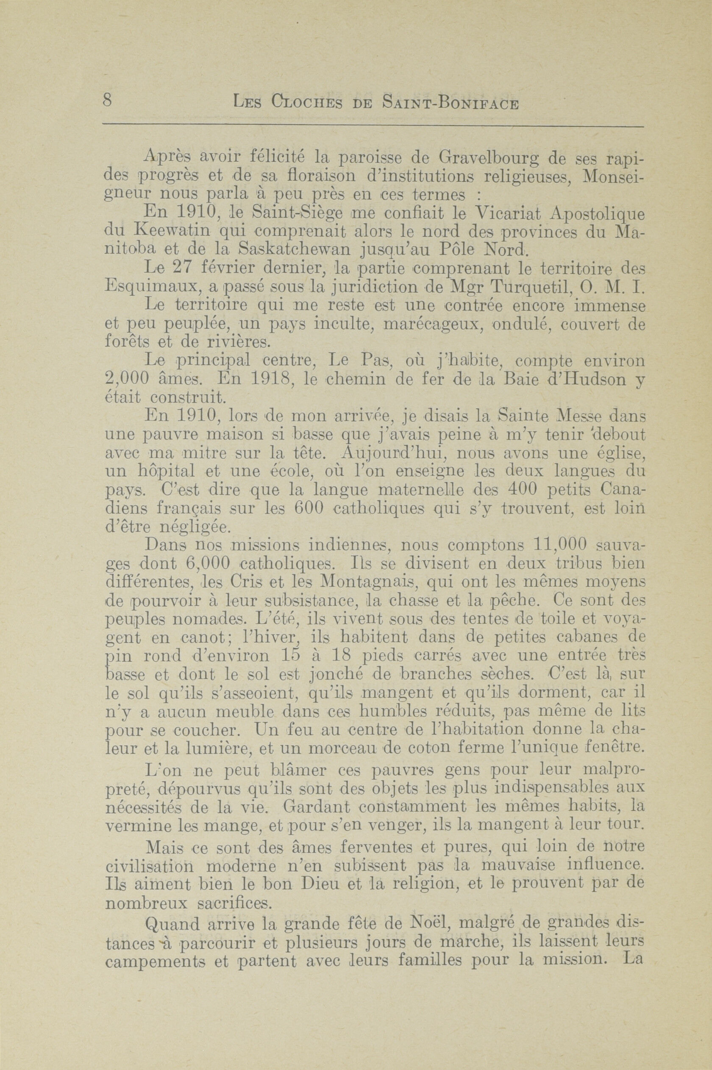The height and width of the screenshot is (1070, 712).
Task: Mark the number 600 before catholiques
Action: (x=309, y=509)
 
